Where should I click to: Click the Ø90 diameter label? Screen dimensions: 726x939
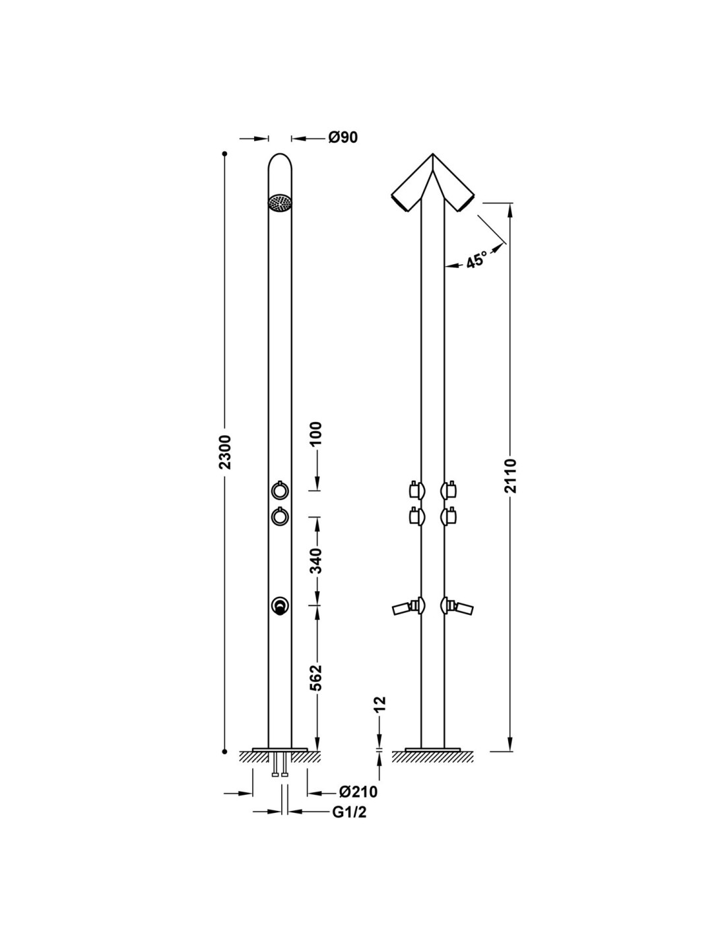[x=343, y=137]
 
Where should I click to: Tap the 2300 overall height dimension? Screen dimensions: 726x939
[x=226, y=452]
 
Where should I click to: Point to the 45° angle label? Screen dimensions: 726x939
[x=477, y=260]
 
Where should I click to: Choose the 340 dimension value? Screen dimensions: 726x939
[x=317, y=561]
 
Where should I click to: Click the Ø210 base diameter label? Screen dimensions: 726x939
[x=358, y=792]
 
